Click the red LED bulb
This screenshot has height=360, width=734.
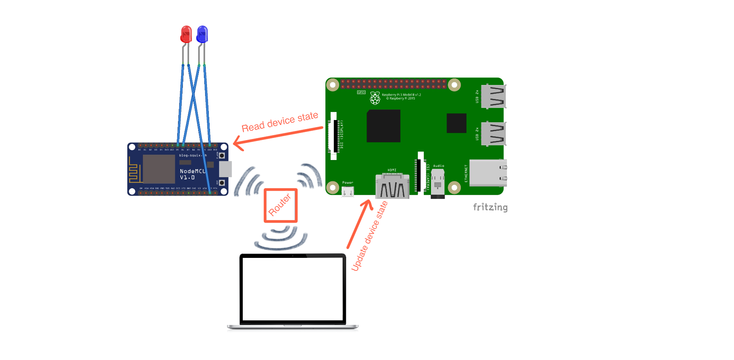pos(186,34)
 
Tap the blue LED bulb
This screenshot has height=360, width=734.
pos(202,34)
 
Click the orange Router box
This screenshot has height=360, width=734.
pos(280,205)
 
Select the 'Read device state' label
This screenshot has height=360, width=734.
pos(280,122)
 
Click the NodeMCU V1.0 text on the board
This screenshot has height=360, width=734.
pos(192,174)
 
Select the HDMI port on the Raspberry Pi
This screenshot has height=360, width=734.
pos(392,186)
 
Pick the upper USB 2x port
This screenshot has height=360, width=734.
pos(494,96)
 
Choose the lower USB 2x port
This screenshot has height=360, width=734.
pos(494,133)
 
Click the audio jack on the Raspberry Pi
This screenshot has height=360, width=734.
pos(438,183)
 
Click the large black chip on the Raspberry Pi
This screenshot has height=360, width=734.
pos(383,126)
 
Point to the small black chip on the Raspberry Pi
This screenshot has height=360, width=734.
pos(456,123)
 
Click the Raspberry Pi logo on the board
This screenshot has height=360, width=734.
pos(375,98)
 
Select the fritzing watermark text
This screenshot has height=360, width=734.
pos(490,207)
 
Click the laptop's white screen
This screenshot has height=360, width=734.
pos(293,289)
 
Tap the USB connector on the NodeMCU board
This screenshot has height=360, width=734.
pos(225,169)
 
